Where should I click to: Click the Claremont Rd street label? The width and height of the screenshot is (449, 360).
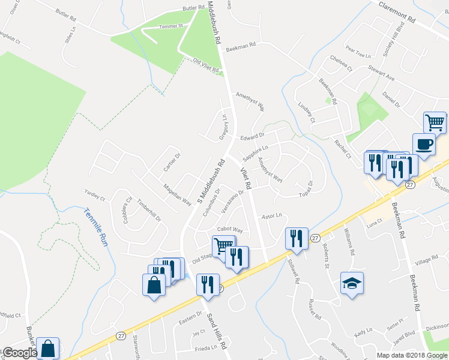click(397, 13)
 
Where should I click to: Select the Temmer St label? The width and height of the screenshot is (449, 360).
click(170, 27)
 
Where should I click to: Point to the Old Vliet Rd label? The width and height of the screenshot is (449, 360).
click(206, 66)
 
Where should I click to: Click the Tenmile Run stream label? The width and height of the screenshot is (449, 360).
click(94, 223)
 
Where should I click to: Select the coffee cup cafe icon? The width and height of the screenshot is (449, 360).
click(424, 146)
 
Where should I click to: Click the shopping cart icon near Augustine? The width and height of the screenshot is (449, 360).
click(435, 123)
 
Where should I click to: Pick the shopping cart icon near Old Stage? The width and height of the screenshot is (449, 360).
click(223, 245)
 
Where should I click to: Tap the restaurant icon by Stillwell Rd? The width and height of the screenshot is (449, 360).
click(296, 238)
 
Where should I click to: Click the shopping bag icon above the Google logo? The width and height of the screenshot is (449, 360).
click(47, 347)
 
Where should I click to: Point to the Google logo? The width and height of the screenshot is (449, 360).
click(19, 353)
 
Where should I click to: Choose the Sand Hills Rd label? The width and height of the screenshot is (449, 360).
click(217, 330)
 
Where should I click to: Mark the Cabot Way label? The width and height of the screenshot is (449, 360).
click(230, 230)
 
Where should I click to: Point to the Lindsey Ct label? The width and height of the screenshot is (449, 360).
click(306, 112)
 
